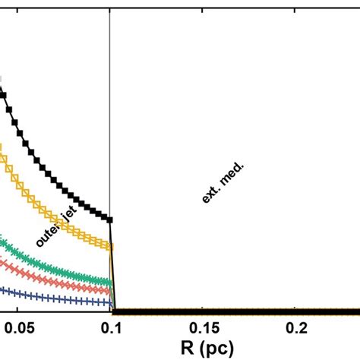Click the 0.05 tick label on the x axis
[x=18, y=328]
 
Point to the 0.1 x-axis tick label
[x=111, y=328]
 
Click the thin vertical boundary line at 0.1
[x=111, y=114]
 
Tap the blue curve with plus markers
[x=46, y=295]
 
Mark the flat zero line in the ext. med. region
[x=228, y=311]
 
